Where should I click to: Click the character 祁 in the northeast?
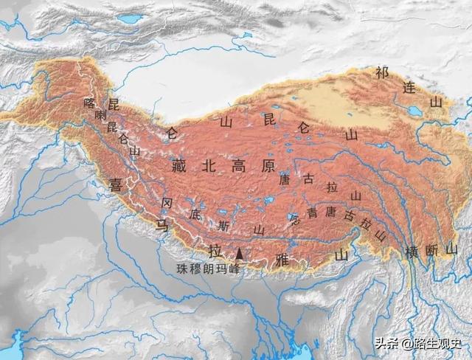pos(381,72)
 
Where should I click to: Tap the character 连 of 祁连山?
pos(409,86)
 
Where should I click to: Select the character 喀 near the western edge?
pos(90,103)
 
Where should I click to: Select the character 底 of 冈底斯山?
pos(195,215)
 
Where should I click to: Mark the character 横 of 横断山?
pos(411,252)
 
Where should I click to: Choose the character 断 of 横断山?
pos(431,252)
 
